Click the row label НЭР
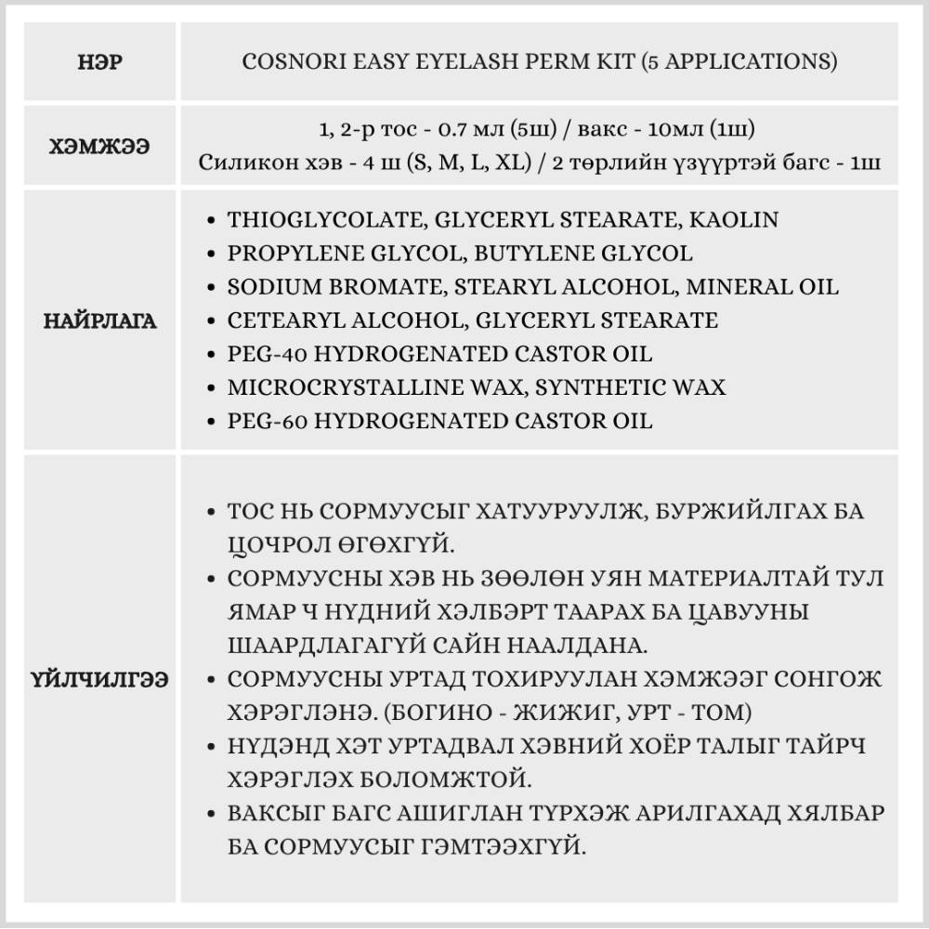click(x=100, y=62)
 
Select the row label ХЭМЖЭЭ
click(x=100, y=145)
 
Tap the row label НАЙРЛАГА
click(x=100, y=321)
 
